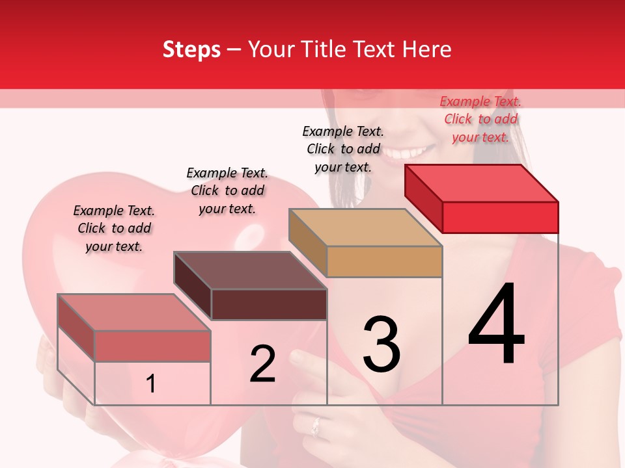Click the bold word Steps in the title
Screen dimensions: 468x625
191,49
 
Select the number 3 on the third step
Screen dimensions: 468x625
382,344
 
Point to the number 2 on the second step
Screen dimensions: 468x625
262,364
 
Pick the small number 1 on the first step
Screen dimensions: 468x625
150,383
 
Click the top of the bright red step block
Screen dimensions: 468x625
482,183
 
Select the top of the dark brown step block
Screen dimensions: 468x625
250,270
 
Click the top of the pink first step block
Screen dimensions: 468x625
134,313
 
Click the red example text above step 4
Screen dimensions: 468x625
480,119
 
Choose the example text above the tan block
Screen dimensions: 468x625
343,149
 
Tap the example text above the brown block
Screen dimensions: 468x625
227,190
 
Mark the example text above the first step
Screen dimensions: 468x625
114,228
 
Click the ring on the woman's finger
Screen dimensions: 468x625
315,426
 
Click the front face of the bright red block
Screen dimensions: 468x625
500,217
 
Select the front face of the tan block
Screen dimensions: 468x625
384,261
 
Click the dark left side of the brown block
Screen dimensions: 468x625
193,285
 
